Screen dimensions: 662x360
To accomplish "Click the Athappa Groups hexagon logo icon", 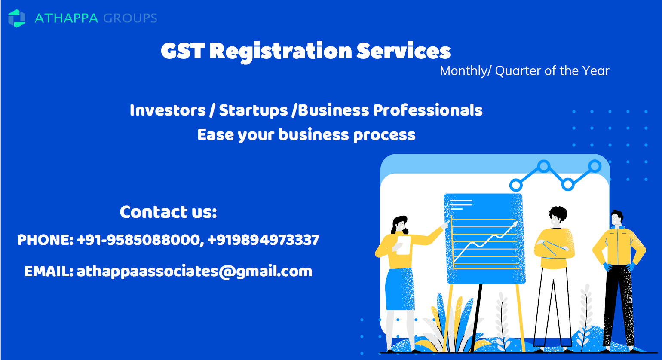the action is point(17,18).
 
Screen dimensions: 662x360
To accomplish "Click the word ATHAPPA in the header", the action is point(66,18).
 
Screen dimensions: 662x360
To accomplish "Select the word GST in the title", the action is point(183,51).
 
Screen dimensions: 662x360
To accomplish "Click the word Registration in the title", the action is point(281,52).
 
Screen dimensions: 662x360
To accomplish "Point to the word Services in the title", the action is point(403,51).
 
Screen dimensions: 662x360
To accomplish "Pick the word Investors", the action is point(168,110).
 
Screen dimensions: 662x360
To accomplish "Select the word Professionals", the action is point(428,110).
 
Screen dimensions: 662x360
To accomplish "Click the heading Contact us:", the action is point(168,212).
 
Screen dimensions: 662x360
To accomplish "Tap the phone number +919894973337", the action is point(264,240).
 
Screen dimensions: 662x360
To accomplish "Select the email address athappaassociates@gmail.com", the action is point(194,272).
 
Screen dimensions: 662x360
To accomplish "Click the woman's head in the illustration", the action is point(400,224).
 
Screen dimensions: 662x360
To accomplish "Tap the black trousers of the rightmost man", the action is point(619,306).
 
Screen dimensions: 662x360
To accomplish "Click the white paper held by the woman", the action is point(404,245).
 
